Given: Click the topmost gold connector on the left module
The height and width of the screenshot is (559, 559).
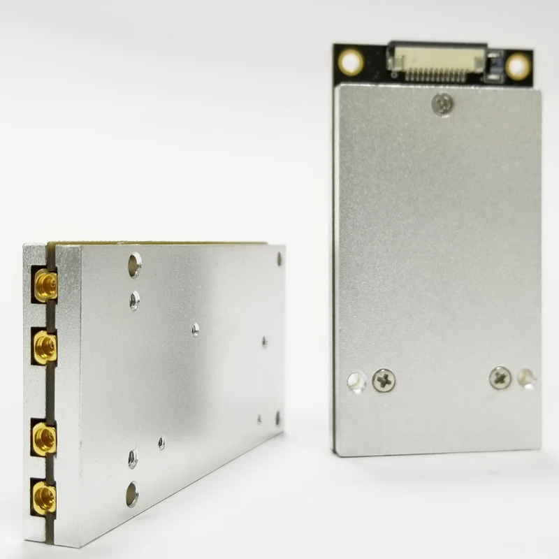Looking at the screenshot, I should (x=45, y=285).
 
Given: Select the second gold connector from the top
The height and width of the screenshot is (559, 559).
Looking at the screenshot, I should (x=44, y=346).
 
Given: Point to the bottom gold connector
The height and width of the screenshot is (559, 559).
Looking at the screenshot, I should (x=45, y=498).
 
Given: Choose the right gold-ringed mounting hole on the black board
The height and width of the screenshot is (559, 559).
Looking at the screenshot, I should (x=518, y=67).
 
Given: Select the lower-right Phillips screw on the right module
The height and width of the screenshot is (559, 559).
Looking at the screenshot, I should (x=500, y=377).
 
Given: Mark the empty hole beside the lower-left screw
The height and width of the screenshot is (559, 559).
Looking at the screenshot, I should (x=356, y=381).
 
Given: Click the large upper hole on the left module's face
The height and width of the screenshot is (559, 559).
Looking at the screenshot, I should (x=134, y=263).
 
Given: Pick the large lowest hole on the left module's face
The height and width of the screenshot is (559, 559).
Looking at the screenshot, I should (x=132, y=494).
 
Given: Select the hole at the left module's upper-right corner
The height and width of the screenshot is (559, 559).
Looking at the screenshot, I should (x=279, y=259).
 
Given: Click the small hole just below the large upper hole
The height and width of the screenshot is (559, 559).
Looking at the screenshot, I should (x=134, y=300).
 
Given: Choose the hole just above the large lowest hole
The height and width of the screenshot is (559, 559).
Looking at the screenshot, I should (x=132, y=459).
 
